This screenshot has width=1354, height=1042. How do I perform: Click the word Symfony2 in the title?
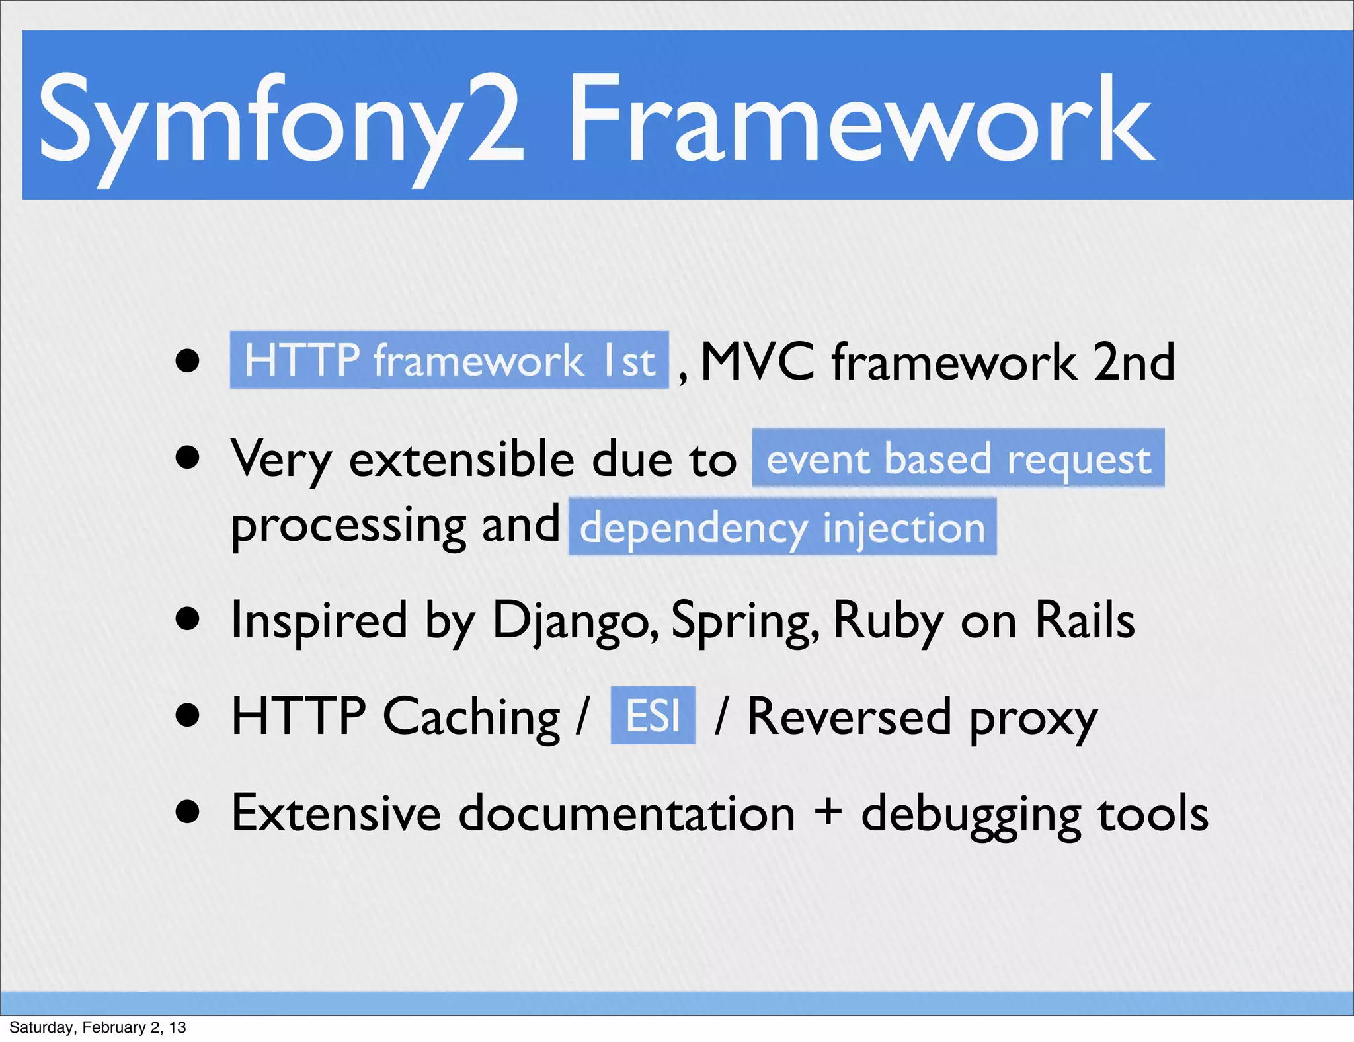(x=281, y=122)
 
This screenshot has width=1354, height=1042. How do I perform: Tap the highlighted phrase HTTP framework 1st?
(x=449, y=360)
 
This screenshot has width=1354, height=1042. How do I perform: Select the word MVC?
(x=756, y=362)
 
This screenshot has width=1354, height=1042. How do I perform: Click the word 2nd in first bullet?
(x=1133, y=362)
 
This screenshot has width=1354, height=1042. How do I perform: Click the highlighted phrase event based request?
(x=958, y=459)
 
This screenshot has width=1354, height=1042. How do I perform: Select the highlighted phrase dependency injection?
(x=782, y=528)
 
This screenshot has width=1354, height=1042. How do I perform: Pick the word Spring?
(x=743, y=621)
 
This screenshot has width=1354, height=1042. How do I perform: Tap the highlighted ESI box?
(x=653, y=716)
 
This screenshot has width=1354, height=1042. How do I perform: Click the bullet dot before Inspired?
(x=188, y=620)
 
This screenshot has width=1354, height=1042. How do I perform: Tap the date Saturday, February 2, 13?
(x=97, y=1027)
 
